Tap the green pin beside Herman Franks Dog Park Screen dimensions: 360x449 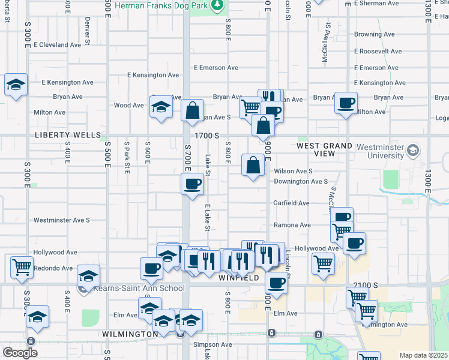coord(218,5)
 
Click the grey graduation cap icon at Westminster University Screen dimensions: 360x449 coord(412,150)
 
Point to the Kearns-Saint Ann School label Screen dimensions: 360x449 coord(139,289)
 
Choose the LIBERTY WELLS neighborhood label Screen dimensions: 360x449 coord(68,136)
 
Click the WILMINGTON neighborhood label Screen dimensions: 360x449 coord(130,334)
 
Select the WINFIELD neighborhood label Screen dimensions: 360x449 coord(238,278)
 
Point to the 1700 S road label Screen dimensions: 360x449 coord(208,136)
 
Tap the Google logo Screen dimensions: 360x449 coord(19,352)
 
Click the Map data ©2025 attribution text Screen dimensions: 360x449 coord(423,355)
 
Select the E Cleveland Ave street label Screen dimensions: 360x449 coord(57,45)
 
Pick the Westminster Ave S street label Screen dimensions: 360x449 coord(62,220)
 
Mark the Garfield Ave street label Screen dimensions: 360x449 coord(292,203)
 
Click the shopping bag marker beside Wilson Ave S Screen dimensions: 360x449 coord(253,164)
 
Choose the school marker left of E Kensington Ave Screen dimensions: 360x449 coord(16,85)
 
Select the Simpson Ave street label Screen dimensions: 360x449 coord(212,345)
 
